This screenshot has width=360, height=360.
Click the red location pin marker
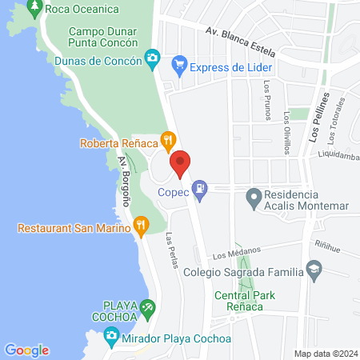click(181, 163)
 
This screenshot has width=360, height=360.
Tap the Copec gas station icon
click(201, 189)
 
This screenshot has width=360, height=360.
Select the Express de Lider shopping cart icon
click(180, 65)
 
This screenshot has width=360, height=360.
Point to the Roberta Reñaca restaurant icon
click(167, 142)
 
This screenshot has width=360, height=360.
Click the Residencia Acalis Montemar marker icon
click(254, 195)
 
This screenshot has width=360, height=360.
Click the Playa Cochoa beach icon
click(146, 307)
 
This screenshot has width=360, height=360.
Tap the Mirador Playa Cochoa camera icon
click(112, 337)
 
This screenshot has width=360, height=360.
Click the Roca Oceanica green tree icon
click(34, 9)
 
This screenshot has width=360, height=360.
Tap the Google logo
click(26, 350)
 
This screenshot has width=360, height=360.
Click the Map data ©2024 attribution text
click(325, 354)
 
